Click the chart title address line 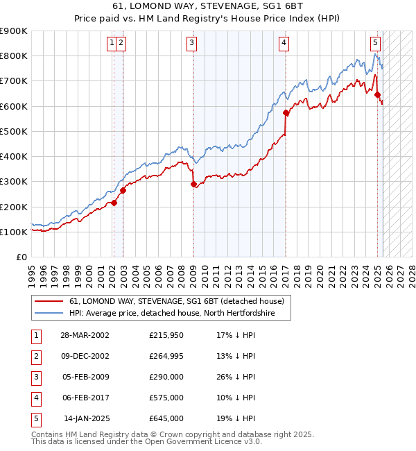click(x=207, y=6)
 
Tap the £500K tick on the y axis click(x=14, y=131)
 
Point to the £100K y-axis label click(x=14, y=232)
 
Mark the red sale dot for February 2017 click(x=286, y=112)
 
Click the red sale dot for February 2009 click(x=193, y=184)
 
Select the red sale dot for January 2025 click(x=378, y=95)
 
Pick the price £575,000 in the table click(x=166, y=398)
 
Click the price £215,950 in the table click(x=166, y=335)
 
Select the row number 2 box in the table click(x=35, y=356)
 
